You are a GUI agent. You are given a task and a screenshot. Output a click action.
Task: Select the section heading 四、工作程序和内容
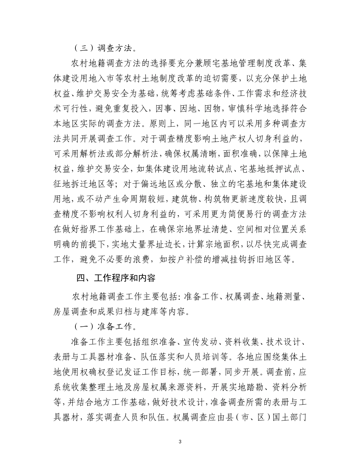[x=116, y=278]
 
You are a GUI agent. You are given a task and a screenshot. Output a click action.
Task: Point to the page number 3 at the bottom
[x=180, y=442]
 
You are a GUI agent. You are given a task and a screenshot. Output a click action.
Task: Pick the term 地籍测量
[x=284, y=297]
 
